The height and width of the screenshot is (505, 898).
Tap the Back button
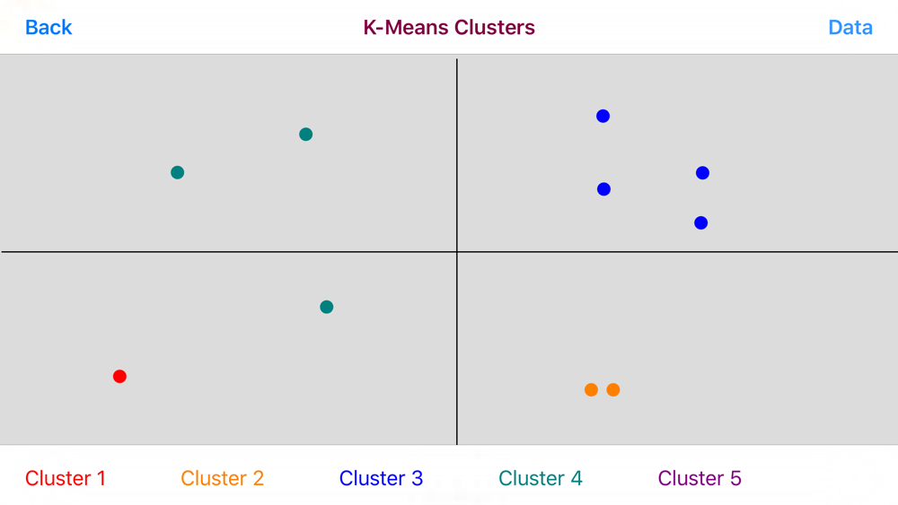click(48, 28)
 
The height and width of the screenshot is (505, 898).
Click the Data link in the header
click(850, 28)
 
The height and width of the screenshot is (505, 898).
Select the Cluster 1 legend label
click(66, 478)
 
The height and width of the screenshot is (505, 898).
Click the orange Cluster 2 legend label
click(222, 478)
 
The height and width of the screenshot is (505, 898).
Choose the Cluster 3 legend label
click(381, 478)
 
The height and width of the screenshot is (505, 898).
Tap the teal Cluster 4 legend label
click(540, 478)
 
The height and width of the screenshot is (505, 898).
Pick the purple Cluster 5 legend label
click(700, 478)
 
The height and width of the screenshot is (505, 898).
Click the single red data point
click(119, 377)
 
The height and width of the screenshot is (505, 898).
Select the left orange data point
click(591, 390)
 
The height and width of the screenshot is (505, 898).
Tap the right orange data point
click(612, 390)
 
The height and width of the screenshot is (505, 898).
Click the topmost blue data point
click(603, 116)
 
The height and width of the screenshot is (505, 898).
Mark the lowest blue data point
click(701, 223)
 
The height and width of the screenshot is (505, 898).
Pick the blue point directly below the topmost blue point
click(603, 189)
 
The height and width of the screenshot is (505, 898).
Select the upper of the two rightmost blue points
click(703, 173)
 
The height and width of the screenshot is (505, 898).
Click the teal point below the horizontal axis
click(327, 307)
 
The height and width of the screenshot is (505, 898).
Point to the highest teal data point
click(306, 135)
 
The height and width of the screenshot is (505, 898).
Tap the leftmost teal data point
click(178, 172)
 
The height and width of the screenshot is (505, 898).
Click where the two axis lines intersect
click(457, 252)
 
